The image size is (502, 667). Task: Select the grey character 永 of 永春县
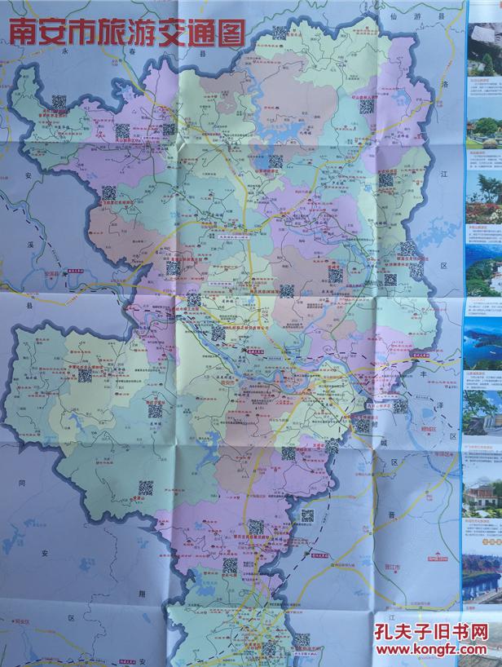[x=64, y=51]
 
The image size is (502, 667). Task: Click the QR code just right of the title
[x=280, y=33]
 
